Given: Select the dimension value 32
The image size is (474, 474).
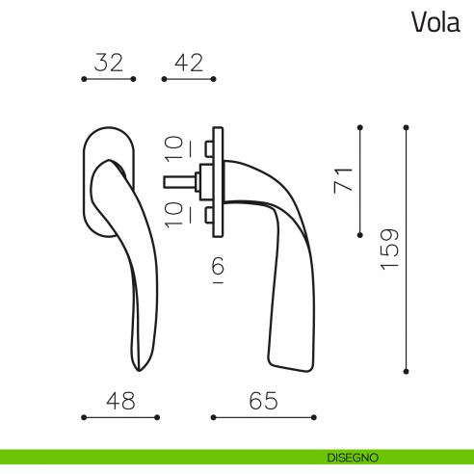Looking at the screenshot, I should pos(109,63).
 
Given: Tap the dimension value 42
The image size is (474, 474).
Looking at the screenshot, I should pos(189,63).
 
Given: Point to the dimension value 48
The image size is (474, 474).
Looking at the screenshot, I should pos(120,401).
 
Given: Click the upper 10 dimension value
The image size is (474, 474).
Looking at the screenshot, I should pos(174,149).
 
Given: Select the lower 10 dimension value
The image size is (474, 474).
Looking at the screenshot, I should pos(174,213).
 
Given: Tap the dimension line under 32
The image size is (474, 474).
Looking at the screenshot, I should pos(109,79).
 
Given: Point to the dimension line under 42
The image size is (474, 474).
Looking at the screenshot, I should pos(189,79).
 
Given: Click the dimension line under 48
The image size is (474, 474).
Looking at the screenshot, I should pos(120,417).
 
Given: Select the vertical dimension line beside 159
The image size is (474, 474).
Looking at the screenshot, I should pos(407,248).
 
